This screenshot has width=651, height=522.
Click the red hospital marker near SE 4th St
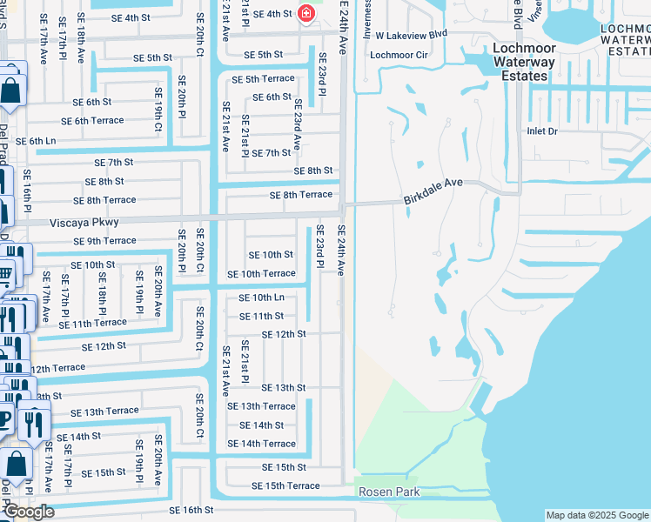305,13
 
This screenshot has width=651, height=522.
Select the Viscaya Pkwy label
84,223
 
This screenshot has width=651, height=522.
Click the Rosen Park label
390,492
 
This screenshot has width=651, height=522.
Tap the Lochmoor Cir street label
399,55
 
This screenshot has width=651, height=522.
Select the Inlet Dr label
541,131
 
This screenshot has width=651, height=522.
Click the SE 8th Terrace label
301,195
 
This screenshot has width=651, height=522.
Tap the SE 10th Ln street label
262,298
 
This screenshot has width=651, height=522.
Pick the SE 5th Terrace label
263,79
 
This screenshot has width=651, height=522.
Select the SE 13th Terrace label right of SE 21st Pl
261,406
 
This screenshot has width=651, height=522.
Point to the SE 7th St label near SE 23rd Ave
271,153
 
